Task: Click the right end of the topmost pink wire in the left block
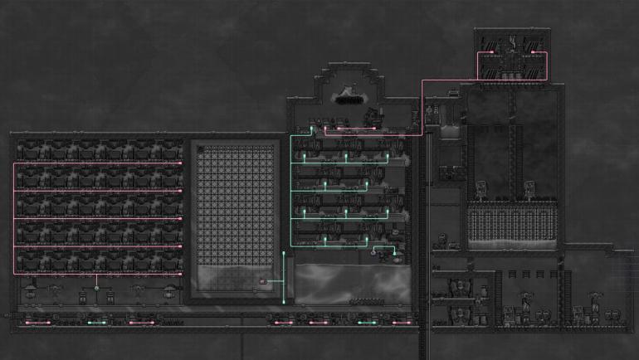click(180, 163)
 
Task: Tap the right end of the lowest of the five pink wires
click(180, 273)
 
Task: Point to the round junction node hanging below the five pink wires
click(96, 288)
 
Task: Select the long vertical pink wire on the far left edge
click(14, 217)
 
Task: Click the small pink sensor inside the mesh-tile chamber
click(264, 282)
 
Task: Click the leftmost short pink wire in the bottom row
click(37, 322)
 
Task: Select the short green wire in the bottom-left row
click(95, 322)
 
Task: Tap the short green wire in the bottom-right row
click(367, 322)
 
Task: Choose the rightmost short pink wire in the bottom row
click(402, 322)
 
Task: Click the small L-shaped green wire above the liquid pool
click(383, 249)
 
